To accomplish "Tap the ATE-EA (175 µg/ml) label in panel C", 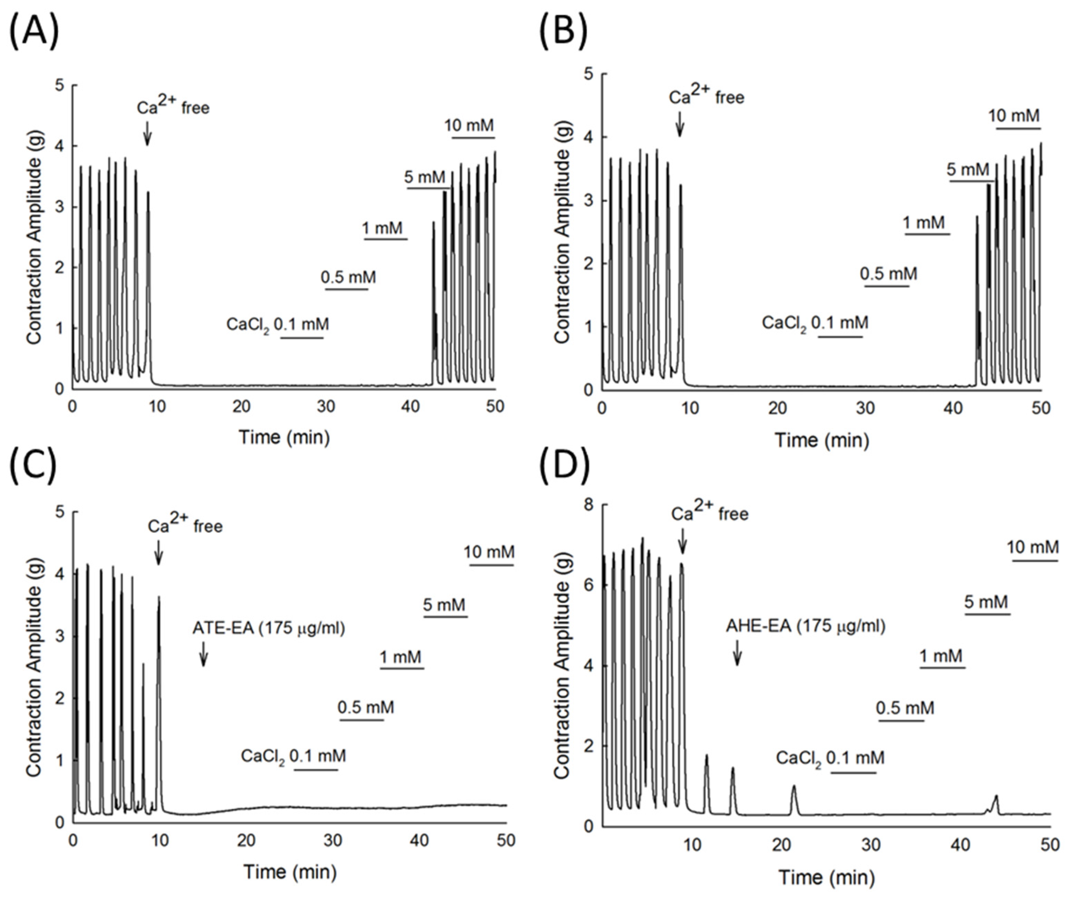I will point(269,628).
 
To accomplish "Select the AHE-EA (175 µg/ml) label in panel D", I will point(806,626).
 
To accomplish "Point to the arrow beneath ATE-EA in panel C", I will point(203,654).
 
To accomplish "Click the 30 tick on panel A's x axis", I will point(326,407).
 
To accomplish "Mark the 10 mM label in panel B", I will point(1014,116).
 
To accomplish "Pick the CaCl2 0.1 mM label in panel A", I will point(278,325).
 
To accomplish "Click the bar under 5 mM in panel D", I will point(987,614).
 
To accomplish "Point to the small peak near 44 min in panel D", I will point(995,796).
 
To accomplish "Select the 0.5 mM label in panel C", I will point(365,708).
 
